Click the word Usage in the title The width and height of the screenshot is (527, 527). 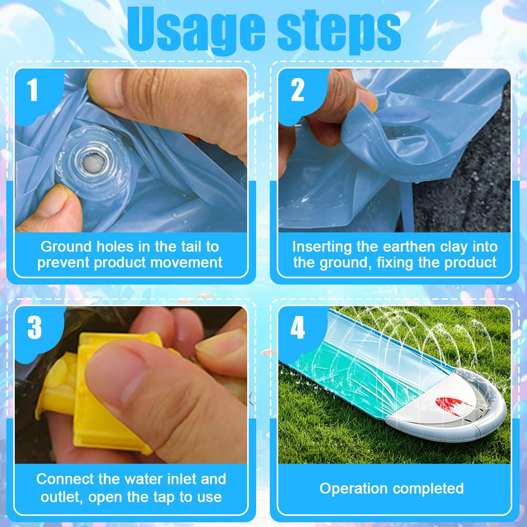click(196, 31)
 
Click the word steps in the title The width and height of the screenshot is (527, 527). click(339, 31)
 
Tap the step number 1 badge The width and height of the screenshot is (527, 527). click(33, 90)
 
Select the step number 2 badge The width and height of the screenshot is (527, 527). click(297, 90)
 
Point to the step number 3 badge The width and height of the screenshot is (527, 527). click(35, 327)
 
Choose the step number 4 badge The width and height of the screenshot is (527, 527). click(298, 327)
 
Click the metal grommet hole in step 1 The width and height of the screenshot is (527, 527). click(94, 163)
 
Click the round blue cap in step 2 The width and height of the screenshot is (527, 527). click(402, 115)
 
